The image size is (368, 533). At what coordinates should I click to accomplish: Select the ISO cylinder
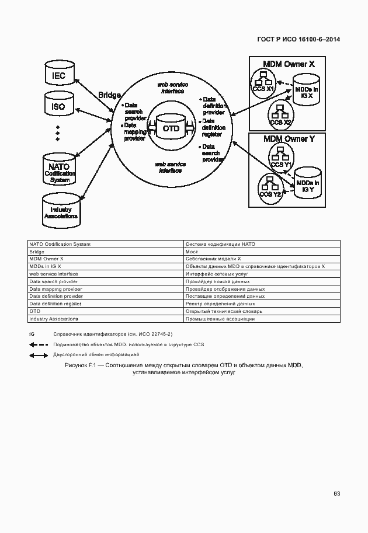tap(58, 107)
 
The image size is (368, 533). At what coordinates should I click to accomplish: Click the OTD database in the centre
tap(171, 128)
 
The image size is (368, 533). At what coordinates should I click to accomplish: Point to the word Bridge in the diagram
tap(110, 95)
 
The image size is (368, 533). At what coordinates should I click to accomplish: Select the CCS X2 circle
tap(280, 113)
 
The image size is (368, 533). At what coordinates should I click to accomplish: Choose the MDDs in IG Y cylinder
tap(308, 185)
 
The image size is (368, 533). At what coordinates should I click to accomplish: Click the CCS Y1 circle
tap(280, 157)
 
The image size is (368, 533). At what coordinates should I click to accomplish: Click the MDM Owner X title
tap(289, 64)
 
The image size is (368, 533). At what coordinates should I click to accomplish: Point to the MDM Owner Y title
tap(289, 139)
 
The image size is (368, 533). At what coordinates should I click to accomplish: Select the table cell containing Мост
tap(261, 252)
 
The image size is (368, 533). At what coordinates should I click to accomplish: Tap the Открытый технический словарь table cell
tap(261, 311)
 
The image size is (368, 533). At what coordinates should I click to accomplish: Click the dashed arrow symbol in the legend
tap(39, 344)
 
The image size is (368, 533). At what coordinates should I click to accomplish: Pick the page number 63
tap(337, 493)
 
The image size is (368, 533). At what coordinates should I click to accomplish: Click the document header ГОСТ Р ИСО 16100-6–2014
tap(298, 40)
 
